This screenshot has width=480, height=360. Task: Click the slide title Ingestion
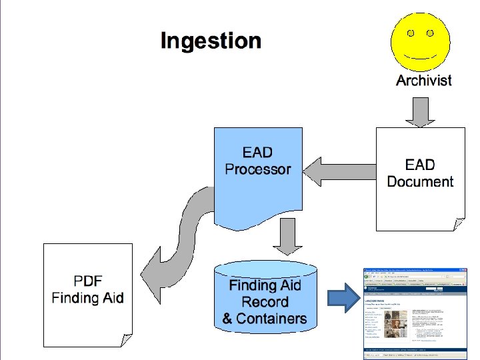[211, 41]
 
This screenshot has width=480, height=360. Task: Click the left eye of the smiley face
[411, 32]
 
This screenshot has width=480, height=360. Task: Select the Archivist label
[423, 81]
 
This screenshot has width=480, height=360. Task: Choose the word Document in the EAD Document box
[420, 182]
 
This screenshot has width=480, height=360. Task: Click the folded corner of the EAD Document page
[459, 225]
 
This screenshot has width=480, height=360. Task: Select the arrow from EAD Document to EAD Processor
[339, 172]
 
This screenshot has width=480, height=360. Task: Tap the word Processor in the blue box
[258, 169]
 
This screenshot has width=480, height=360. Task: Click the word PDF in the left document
[88, 281]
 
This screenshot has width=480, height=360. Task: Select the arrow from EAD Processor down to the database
[288, 237]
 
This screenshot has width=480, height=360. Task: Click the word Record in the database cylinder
[265, 302]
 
